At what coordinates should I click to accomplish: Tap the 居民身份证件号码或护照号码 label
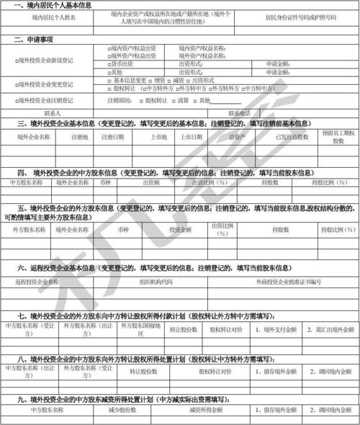[301, 15]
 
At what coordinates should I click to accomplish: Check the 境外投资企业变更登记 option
[50, 84]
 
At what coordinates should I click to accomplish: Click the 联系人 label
[52, 112]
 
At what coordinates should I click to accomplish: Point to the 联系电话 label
[239, 112]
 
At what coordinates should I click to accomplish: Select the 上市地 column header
[159, 135]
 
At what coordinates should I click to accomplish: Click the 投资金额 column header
[180, 230]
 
